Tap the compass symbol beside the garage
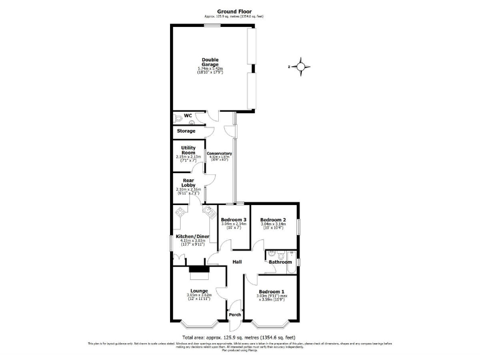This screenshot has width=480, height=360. (301, 66)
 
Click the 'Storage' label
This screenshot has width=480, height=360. (186, 131)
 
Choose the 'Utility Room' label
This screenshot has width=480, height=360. (188, 149)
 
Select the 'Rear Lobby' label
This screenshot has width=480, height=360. (188, 183)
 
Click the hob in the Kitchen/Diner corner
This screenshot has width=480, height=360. (181, 212)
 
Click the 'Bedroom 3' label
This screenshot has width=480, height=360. (233, 220)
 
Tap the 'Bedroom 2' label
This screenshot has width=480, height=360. (272, 220)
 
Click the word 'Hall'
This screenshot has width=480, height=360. (237, 262)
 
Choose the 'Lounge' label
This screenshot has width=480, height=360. (199, 291)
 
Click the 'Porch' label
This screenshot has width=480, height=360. (234, 314)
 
